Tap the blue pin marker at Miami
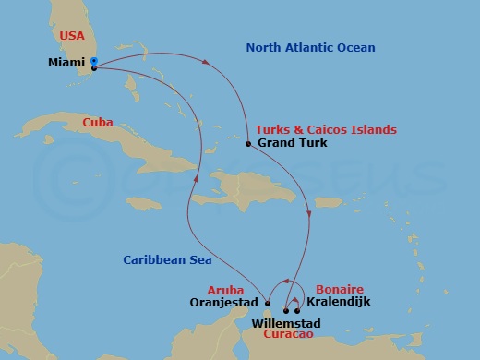click(x=93, y=60)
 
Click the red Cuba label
click(x=98, y=121)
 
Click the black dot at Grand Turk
click(x=248, y=144)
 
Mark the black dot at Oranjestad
click(x=267, y=303)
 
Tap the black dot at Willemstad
click(x=285, y=311)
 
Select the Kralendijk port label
click(x=341, y=303)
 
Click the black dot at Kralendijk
click(x=297, y=311)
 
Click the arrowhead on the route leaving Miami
click(x=205, y=63)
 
